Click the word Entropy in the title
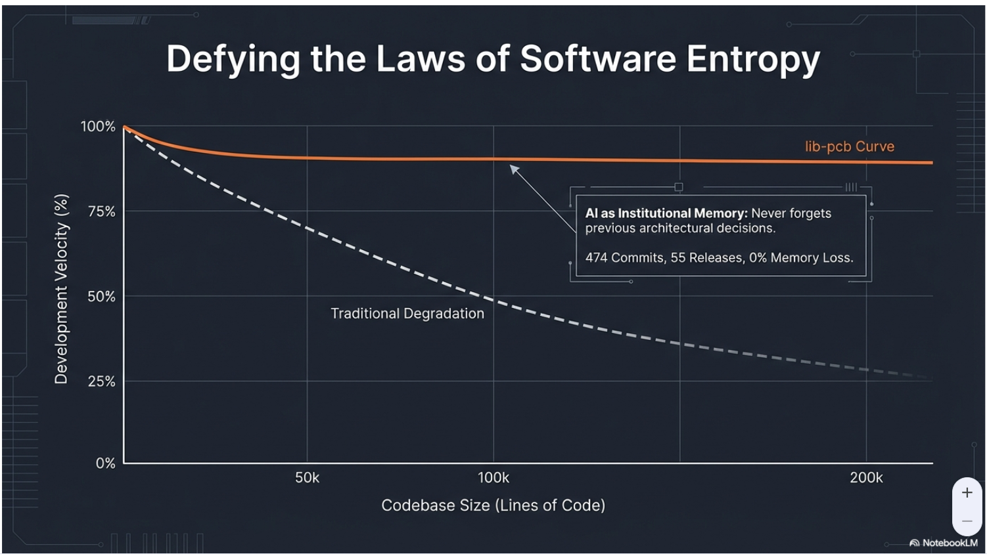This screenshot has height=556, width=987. click(x=753, y=59)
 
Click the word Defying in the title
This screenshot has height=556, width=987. click(x=233, y=59)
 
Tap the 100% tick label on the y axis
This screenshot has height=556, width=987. click(x=98, y=126)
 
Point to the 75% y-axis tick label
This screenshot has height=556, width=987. click(x=101, y=211)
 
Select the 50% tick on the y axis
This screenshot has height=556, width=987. click(x=101, y=297)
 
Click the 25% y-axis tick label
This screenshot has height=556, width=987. click(x=101, y=381)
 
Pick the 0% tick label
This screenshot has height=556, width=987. click(x=105, y=463)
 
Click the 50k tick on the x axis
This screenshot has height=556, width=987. click(x=307, y=478)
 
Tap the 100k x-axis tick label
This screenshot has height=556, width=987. click(x=493, y=478)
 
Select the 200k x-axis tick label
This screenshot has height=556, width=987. click(x=866, y=478)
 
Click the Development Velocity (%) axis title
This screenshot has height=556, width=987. click(x=61, y=289)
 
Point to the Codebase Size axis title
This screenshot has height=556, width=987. click(x=493, y=505)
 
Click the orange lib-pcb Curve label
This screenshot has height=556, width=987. click(x=849, y=146)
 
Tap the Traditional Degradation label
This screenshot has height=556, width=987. click(x=407, y=314)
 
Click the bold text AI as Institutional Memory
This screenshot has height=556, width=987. click(x=666, y=213)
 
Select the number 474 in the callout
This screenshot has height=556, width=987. click(x=596, y=258)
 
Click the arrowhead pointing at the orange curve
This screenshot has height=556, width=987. click(x=513, y=169)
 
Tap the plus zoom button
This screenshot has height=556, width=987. click(x=967, y=493)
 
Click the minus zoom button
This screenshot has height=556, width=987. click(x=967, y=521)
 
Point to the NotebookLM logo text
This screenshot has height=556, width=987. click(x=949, y=543)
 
